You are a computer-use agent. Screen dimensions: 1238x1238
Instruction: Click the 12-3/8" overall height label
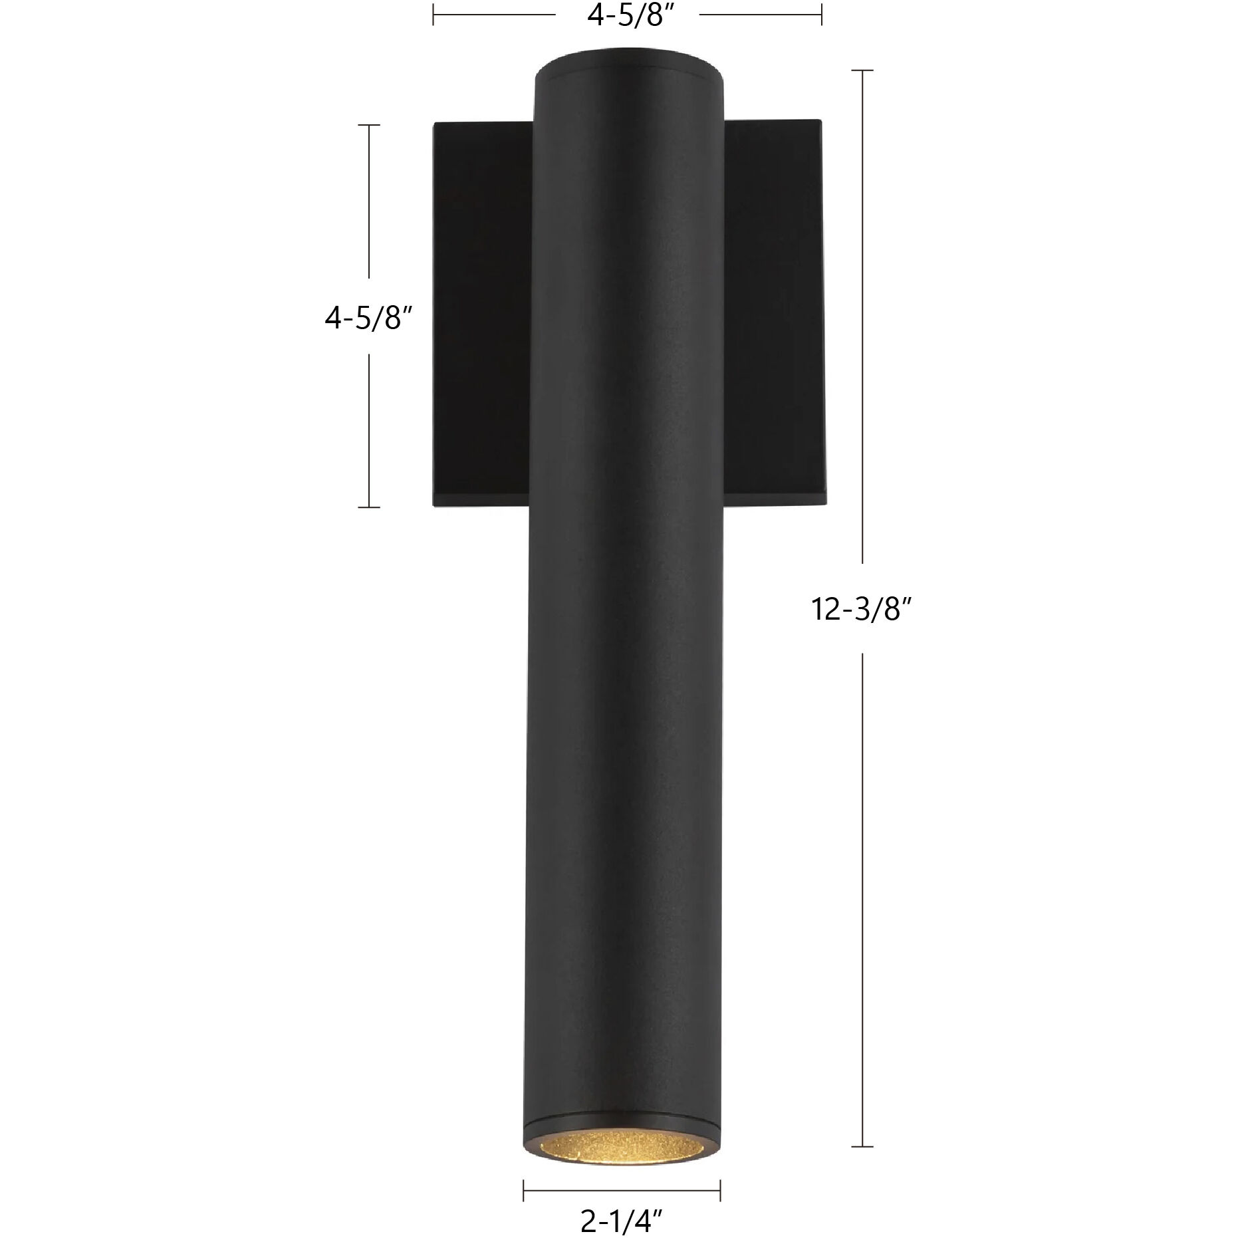[860, 608]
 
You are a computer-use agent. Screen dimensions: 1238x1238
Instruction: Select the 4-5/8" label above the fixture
[627, 16]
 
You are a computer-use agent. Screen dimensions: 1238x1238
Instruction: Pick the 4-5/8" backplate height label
[364, 319]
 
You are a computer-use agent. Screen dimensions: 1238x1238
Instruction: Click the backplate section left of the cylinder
[483, 312]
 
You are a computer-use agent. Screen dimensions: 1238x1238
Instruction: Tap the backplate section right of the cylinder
[773, 306]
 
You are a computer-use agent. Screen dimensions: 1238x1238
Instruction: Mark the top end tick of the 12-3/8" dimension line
[862, 70]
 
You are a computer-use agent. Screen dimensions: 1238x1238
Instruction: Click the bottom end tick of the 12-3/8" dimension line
[862, 1146]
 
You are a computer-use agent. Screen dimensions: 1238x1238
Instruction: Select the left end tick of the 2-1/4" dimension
[524, 1189]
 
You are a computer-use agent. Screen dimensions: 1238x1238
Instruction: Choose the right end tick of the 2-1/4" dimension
[721, 1189]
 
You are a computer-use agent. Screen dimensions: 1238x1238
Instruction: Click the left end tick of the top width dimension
[433, 15]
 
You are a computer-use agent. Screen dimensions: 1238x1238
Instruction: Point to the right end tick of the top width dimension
[822, 15]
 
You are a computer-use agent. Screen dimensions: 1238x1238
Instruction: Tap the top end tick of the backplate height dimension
[369, 125]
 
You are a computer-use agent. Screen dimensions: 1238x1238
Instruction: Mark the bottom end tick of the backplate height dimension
[369, 507]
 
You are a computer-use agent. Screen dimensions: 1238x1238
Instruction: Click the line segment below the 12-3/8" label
[862, 898]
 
